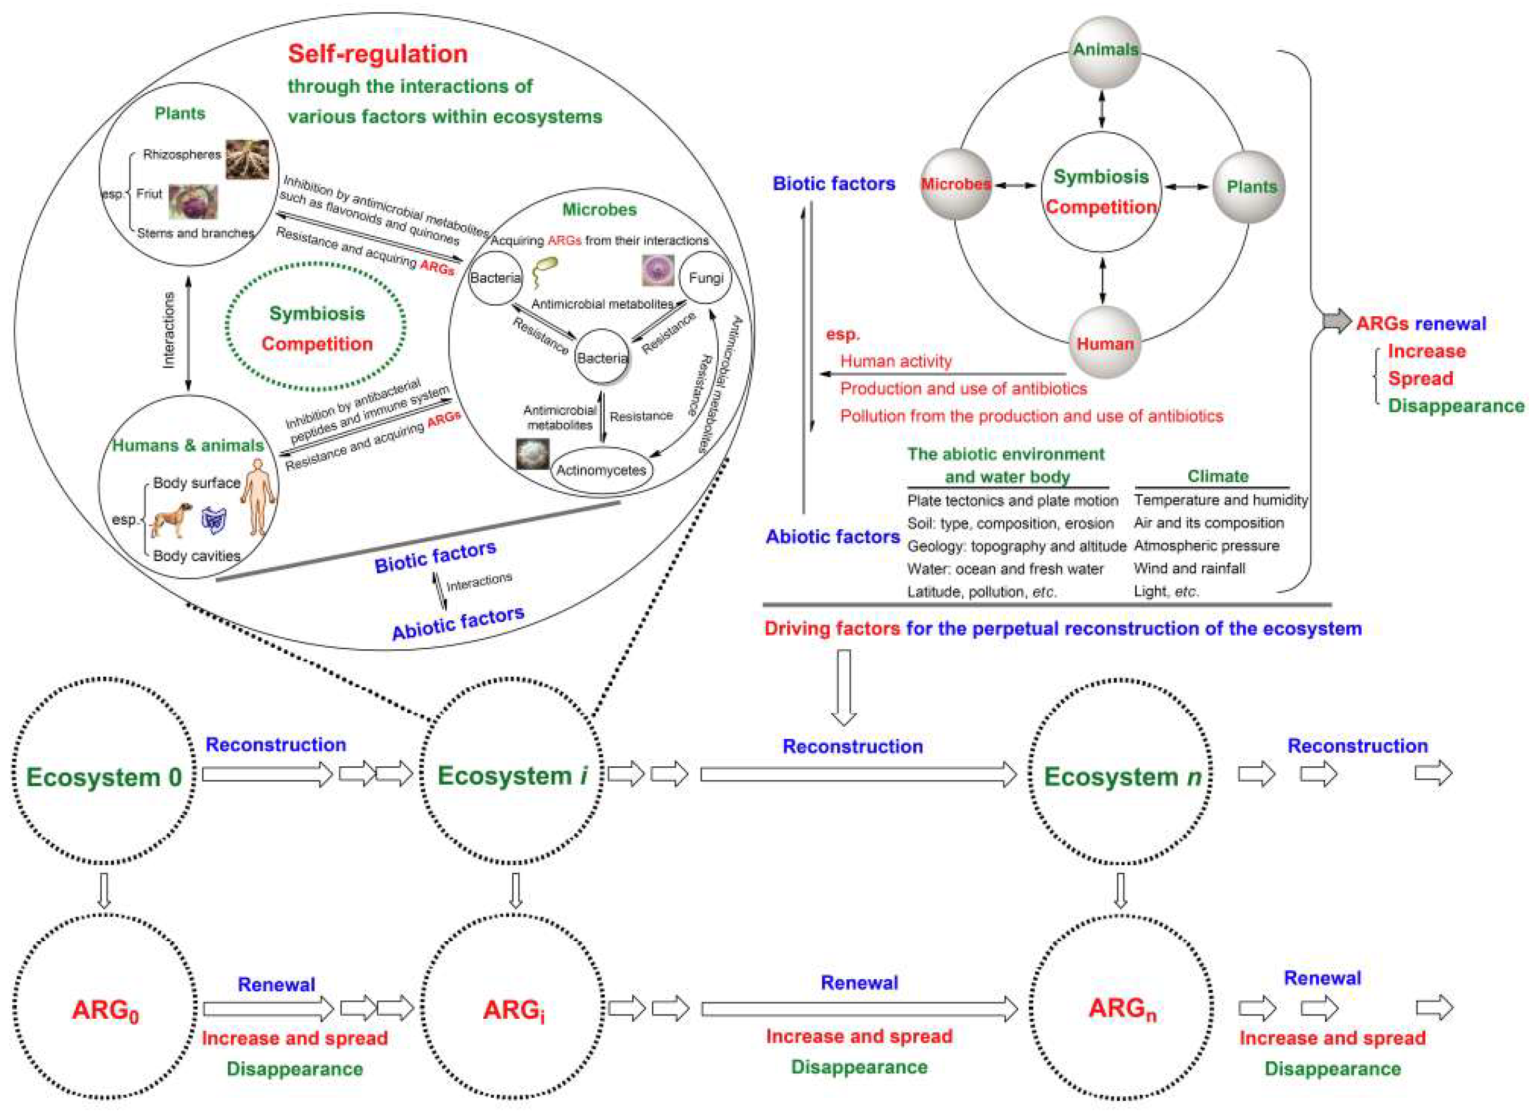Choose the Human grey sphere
tap(1104, 343)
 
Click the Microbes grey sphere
tap(956, 184)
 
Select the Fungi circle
tap(705, 278)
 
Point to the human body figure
tap(259, 497)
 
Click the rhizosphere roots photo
tap(247, 159)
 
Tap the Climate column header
tap(1217, 476)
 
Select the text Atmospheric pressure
tap(1206, 545)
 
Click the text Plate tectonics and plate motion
tap(1012, 501)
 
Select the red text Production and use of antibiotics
tap(963, 388)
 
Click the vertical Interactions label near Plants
tap(169, 330)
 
